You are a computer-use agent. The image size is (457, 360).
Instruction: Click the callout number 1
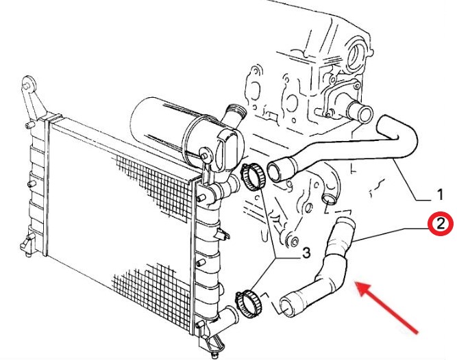click(x=440, y=194)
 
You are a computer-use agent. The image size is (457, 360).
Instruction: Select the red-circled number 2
click(x=441, y=224)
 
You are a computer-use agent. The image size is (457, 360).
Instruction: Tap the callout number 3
click(x=306, y=253)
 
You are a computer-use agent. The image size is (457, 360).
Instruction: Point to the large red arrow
click(x=386, y=307)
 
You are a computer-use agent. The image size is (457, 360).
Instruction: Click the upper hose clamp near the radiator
click(x=253, y=177)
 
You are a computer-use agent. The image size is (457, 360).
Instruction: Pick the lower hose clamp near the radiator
click(x=248, y=304)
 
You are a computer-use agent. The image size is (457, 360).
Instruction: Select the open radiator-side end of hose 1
click(x=275, y=172)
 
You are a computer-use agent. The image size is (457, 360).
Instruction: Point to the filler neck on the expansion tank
click(x=234, y=116)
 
